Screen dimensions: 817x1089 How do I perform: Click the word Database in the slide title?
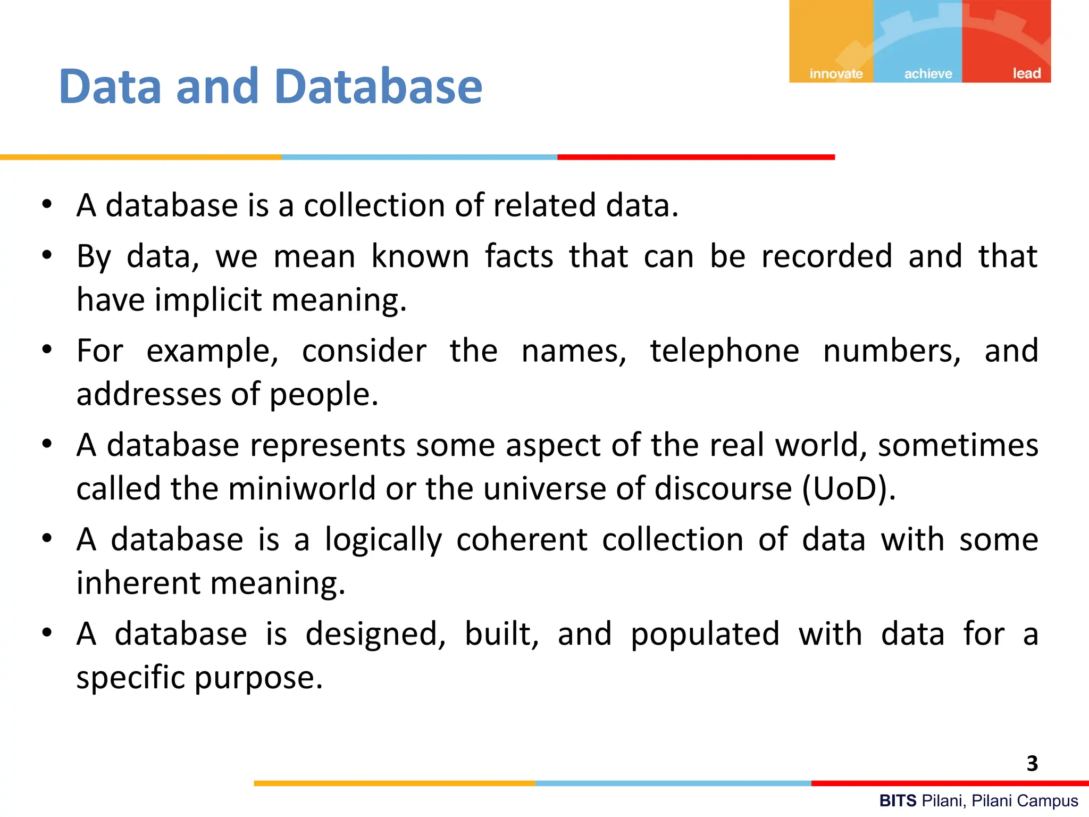379,87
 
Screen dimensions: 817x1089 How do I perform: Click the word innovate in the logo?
836,74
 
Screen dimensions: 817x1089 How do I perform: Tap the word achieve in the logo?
928,74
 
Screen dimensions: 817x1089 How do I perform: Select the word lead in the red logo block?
1026,73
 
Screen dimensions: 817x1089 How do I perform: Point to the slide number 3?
1032,764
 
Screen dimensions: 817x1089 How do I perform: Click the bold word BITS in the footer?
898,801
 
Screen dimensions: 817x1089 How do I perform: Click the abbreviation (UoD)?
848,488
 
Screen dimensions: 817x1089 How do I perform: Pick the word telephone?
725,351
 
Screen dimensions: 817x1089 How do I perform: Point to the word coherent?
522,540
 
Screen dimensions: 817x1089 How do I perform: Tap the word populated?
705,634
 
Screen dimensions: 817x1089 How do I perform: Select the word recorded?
826,256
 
